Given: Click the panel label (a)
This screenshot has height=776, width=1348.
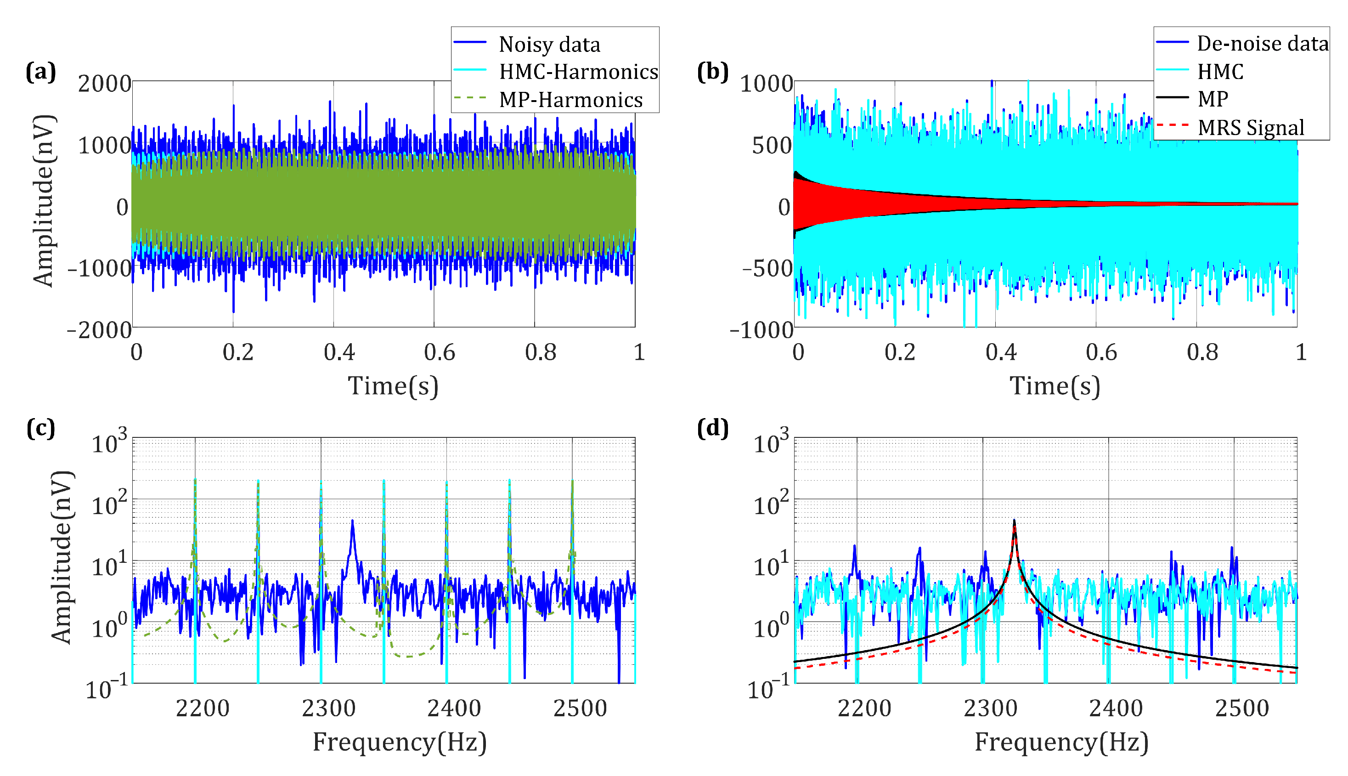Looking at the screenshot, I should coord(40,71).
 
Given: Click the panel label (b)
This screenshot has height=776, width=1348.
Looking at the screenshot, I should coord(712,71).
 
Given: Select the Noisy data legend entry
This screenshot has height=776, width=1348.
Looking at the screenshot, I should coord(549,44).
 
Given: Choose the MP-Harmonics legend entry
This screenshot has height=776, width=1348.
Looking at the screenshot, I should coord(570,100).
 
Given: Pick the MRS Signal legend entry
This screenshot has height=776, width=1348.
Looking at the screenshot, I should coord(1251,127).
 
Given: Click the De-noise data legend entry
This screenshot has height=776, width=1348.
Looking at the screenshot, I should coord(1262,44).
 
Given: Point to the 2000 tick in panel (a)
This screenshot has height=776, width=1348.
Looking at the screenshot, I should coord(104,84).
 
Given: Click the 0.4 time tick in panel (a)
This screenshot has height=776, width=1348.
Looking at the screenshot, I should coord(339,352).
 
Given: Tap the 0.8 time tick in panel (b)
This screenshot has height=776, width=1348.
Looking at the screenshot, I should coord(1202,352).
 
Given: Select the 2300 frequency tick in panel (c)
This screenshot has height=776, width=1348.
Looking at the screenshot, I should coord(328,708).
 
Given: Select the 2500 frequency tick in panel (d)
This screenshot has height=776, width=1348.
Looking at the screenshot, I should coord(1242,708).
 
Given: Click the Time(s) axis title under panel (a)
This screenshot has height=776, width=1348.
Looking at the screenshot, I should coord(393,385).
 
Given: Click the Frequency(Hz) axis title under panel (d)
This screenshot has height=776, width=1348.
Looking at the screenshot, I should coord(1061,742).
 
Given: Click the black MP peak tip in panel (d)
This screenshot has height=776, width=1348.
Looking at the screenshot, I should coord(1014,521).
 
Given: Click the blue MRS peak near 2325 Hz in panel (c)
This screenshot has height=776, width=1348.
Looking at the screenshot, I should coord(353,521).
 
